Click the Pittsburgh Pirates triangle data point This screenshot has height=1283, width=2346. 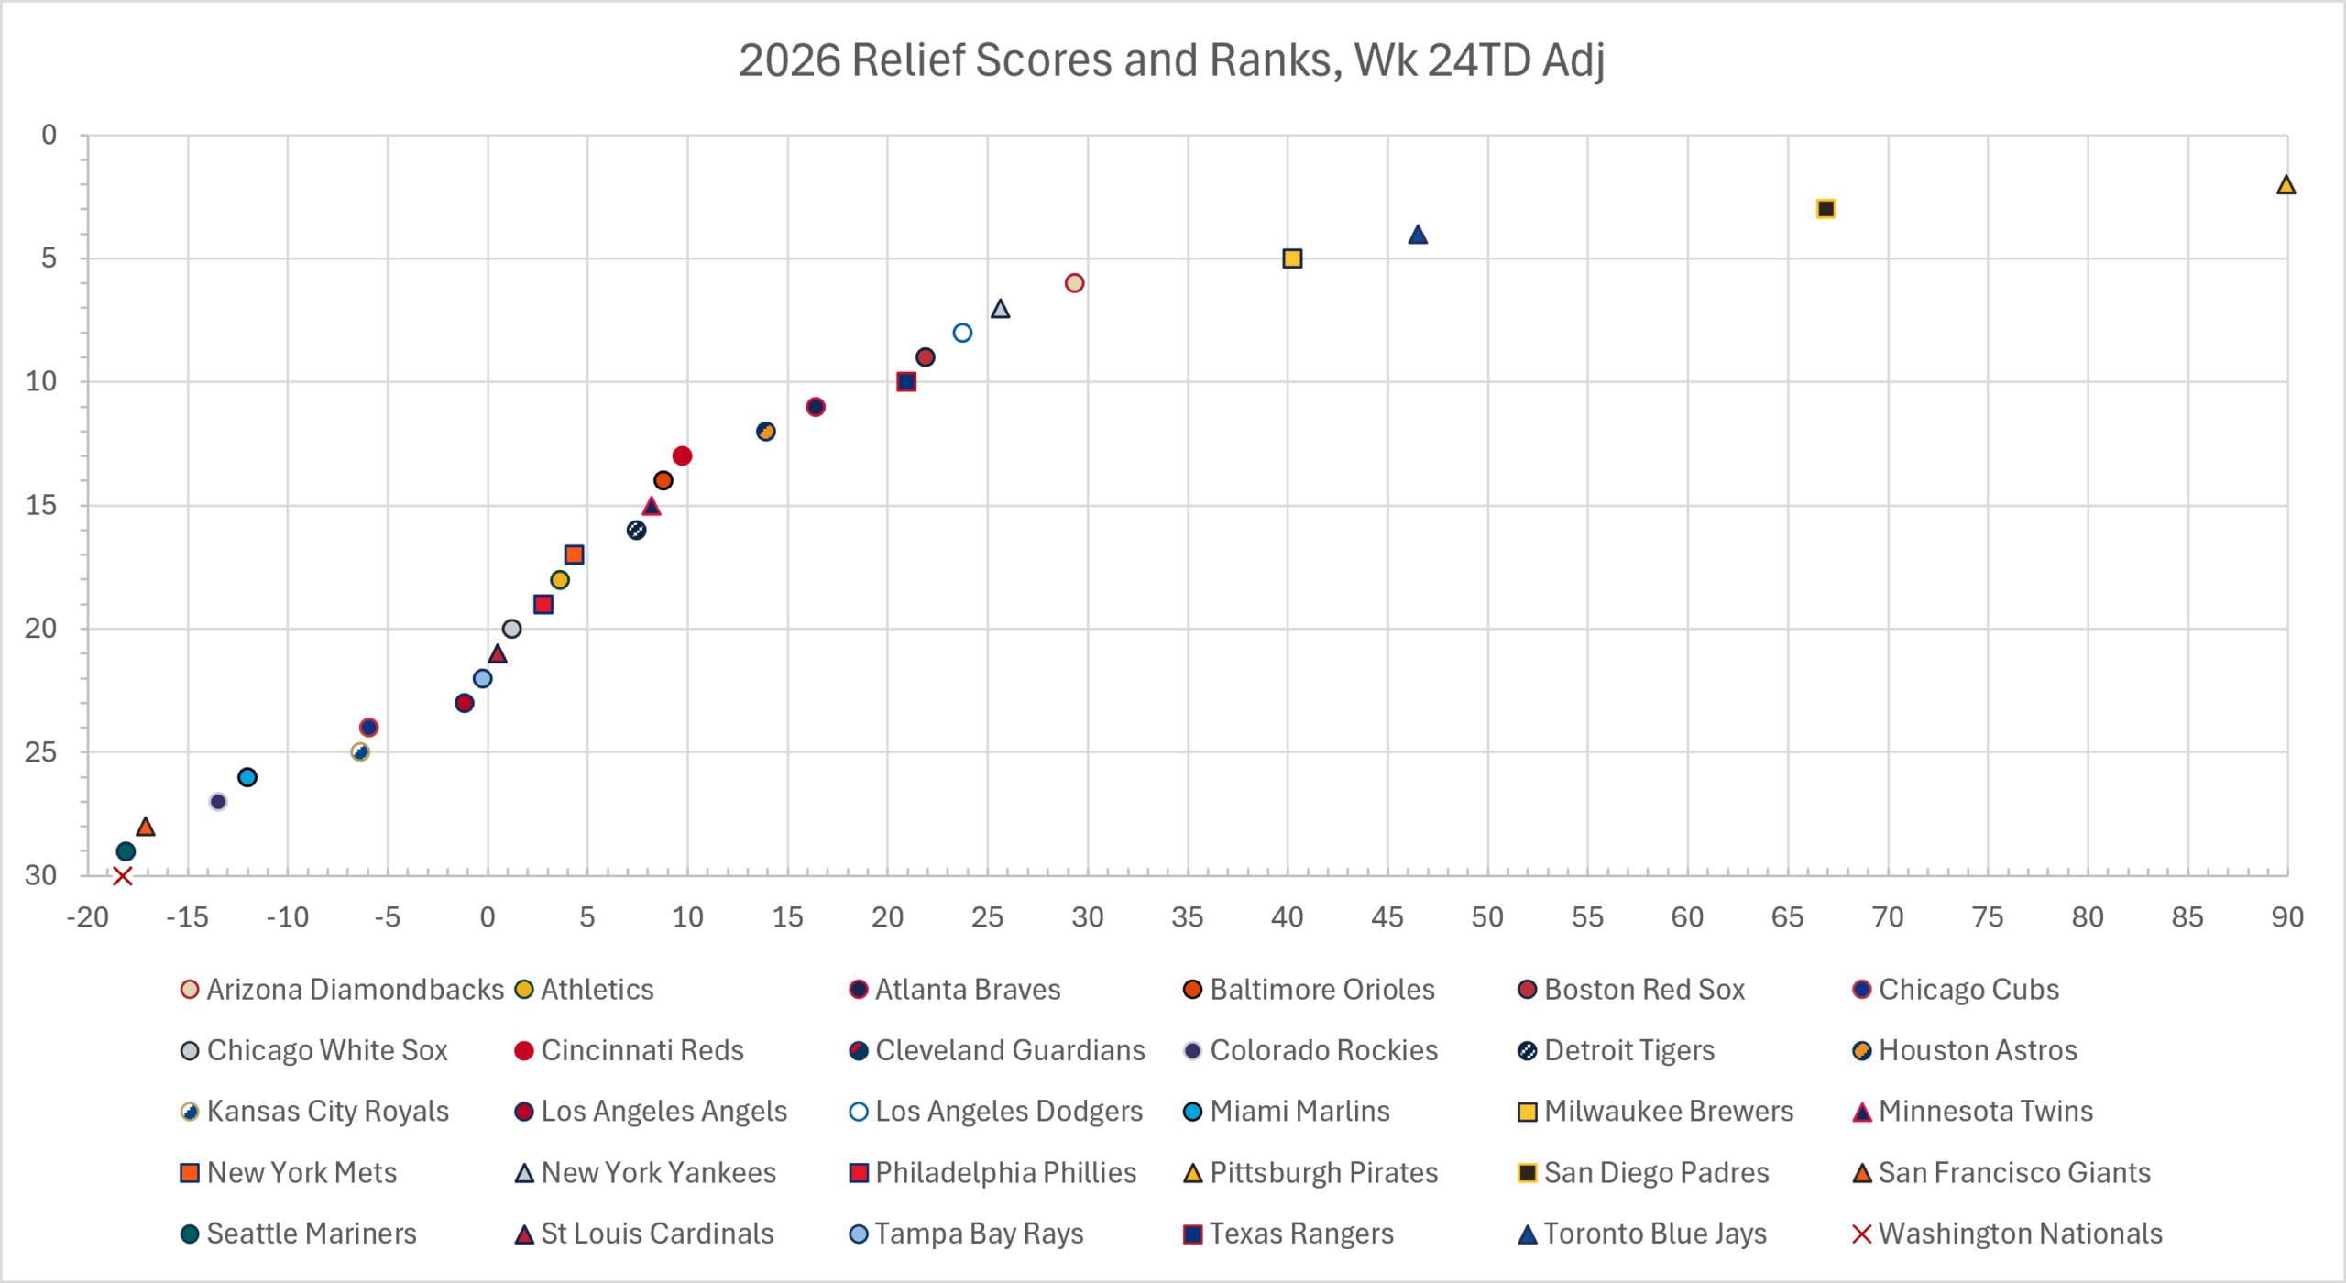click(x=2286, y=185)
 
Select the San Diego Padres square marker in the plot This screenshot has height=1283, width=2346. click(x=1825, y=209)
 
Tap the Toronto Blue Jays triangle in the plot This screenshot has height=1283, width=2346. click(x=1418, y=235)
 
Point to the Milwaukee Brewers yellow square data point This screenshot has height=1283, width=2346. click(x=1292, y=258)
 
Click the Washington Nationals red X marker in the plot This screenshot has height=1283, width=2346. click(x=122, y=876)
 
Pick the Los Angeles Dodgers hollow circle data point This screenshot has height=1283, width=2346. click(x=962, y=333)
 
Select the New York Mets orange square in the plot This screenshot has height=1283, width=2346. click(x=574, y=554)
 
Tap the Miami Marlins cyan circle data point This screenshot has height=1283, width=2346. click(x=247, y=777)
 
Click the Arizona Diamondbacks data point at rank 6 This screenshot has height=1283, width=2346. click(x=1075, y=283)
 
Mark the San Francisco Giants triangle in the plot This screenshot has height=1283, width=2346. click(x=145, y=827)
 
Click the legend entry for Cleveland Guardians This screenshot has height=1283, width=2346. click(x=998, y=1050)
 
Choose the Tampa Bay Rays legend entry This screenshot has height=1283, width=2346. click(x=967, y=1234)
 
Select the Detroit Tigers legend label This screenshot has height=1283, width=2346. click(x=1629, y=1050)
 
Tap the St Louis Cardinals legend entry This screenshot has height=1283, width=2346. click(x=645, y=1234)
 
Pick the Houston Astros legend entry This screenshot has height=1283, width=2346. click(x=1965, y=1050)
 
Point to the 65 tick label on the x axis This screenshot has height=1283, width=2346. click(x=1787, y=917)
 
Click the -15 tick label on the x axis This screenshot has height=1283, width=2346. click(x=187, y=917)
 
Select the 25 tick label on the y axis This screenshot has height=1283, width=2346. click(x=41, y=752)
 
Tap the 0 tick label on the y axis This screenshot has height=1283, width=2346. click(x=49, y=135)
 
